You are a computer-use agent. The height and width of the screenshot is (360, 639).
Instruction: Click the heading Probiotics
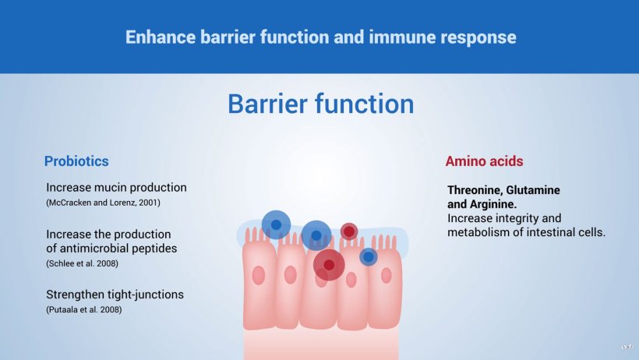click(76, 161)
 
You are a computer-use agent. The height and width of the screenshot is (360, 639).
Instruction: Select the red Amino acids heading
click(484, 161)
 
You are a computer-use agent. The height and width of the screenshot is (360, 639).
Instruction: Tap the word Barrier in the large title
click(268, 104)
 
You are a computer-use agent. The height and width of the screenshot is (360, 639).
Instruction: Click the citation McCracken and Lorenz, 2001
click(103, 203)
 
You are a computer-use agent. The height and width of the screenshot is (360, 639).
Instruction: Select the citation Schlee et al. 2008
click(83, 263)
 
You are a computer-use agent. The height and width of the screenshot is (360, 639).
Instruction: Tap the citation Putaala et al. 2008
click(84, 309)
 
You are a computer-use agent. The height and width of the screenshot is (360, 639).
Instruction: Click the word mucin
click(108, 188)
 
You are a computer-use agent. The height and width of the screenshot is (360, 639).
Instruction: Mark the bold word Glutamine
click(533, 190)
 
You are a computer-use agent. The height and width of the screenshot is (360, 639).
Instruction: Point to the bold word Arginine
click(493, 204)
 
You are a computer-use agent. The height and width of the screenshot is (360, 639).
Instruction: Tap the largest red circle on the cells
click(329, 265)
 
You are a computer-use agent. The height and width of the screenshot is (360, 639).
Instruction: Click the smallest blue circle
click(369, 257)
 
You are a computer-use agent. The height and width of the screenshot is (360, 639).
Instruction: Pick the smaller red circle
click(349, 231)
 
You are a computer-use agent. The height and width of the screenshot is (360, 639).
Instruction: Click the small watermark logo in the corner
click(627, 347)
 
